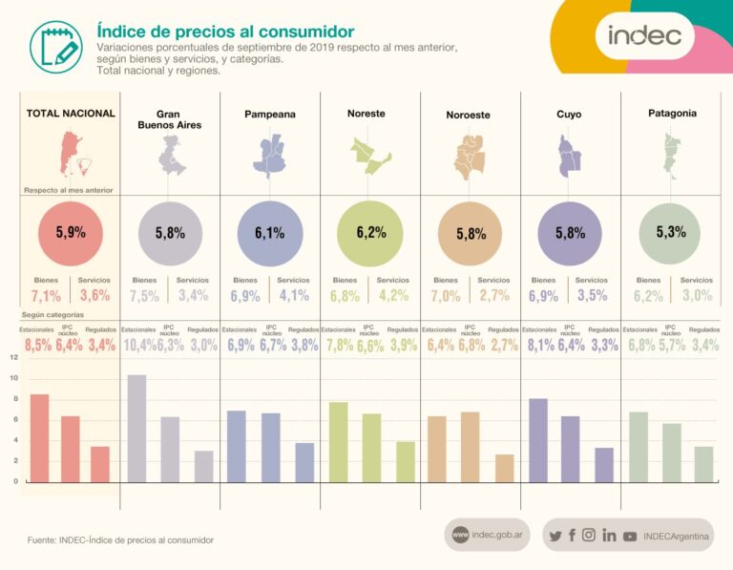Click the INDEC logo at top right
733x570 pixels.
[645, 36]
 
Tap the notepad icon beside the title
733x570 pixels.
[55, 44]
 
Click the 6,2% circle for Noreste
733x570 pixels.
[369, 232]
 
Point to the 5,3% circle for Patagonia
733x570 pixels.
[671, 232]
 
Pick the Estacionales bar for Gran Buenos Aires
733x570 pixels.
[137, 428]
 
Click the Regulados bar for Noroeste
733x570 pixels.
[505, 468]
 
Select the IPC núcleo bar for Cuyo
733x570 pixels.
[570, 449]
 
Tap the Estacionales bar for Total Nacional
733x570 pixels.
[39, 437]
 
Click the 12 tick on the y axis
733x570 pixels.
[13, 357]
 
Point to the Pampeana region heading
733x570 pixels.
[269, 115]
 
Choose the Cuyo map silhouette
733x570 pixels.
[569, 155]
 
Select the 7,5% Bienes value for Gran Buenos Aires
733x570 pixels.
[145, 296]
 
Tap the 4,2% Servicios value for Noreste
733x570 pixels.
[396, 296]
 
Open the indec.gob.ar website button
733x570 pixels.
[487, 536]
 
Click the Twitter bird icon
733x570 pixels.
[555, 536]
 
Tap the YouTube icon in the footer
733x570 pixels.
[630, 536]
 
